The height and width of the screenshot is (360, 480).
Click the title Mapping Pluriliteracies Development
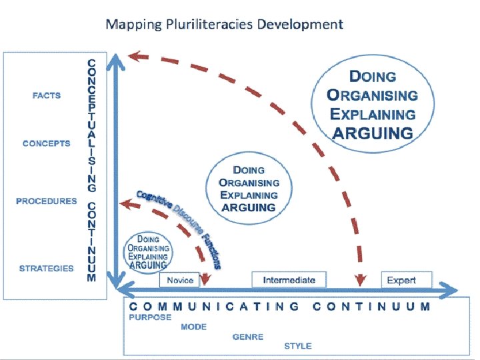click(x=225, y=25)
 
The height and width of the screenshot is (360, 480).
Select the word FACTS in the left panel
click(x=47, y=95)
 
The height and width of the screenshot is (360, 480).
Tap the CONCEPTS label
click(x=46, y=143)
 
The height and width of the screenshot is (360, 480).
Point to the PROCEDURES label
click(x=47, y=201)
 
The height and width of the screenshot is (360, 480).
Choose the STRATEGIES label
click(x=47, y=269)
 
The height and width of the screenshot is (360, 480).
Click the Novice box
click(x=180, y=280)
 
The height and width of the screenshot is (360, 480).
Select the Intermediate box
click(x=289, y=279)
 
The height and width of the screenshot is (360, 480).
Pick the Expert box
click(x=401, y=280)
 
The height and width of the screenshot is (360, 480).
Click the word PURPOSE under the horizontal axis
click(x=150, y=317)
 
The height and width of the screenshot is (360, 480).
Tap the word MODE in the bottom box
click(x=193, y=327)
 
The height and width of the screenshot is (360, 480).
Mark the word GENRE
click(x=248, y=337)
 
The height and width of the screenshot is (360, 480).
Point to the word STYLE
click(x=297, y=346)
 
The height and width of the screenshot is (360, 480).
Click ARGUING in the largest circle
click(x=373, y=132)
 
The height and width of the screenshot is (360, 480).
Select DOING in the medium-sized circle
click(x=249, y=171)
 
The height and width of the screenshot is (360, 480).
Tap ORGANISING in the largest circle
click(x=372, y=95)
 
